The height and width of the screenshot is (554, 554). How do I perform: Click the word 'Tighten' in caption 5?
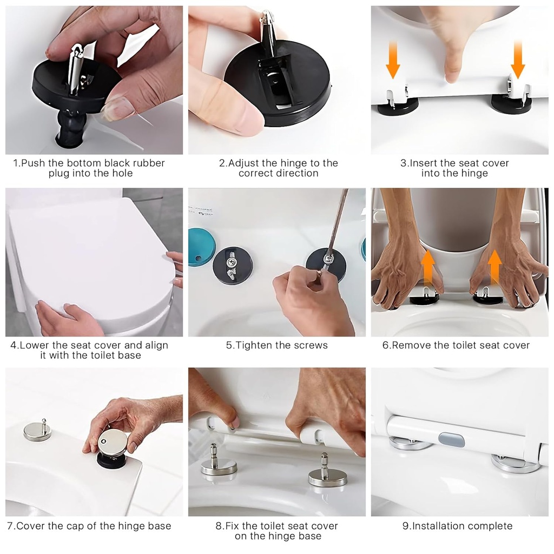tap(254, 345)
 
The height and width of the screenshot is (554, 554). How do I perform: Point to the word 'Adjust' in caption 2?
tap(244, 163)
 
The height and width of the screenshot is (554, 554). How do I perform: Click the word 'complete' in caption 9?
tap(490, 526)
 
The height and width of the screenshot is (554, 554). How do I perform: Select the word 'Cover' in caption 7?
tap(30, 526)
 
